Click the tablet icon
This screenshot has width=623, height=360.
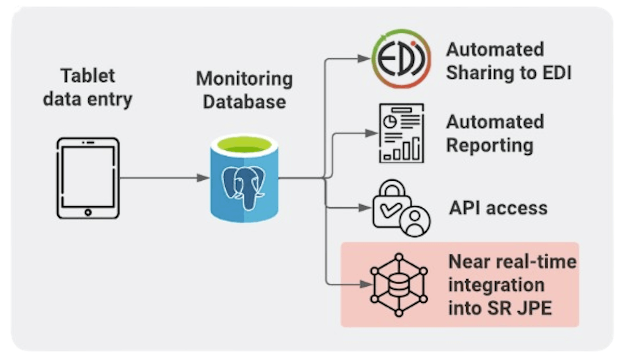click(87, 178)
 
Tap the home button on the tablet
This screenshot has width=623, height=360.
click(87, 212)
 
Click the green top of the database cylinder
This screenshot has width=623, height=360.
click(243, 145)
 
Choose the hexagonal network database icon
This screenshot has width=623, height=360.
click(399, 284)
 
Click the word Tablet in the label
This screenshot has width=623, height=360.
click(87, 76)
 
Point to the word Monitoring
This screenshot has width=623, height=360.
click(244, 79)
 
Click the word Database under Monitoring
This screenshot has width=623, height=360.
click(244, 101)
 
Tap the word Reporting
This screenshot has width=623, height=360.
click(490, 145)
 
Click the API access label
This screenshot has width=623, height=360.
click(498, 208)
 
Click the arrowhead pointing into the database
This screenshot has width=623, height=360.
click(204, 178)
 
